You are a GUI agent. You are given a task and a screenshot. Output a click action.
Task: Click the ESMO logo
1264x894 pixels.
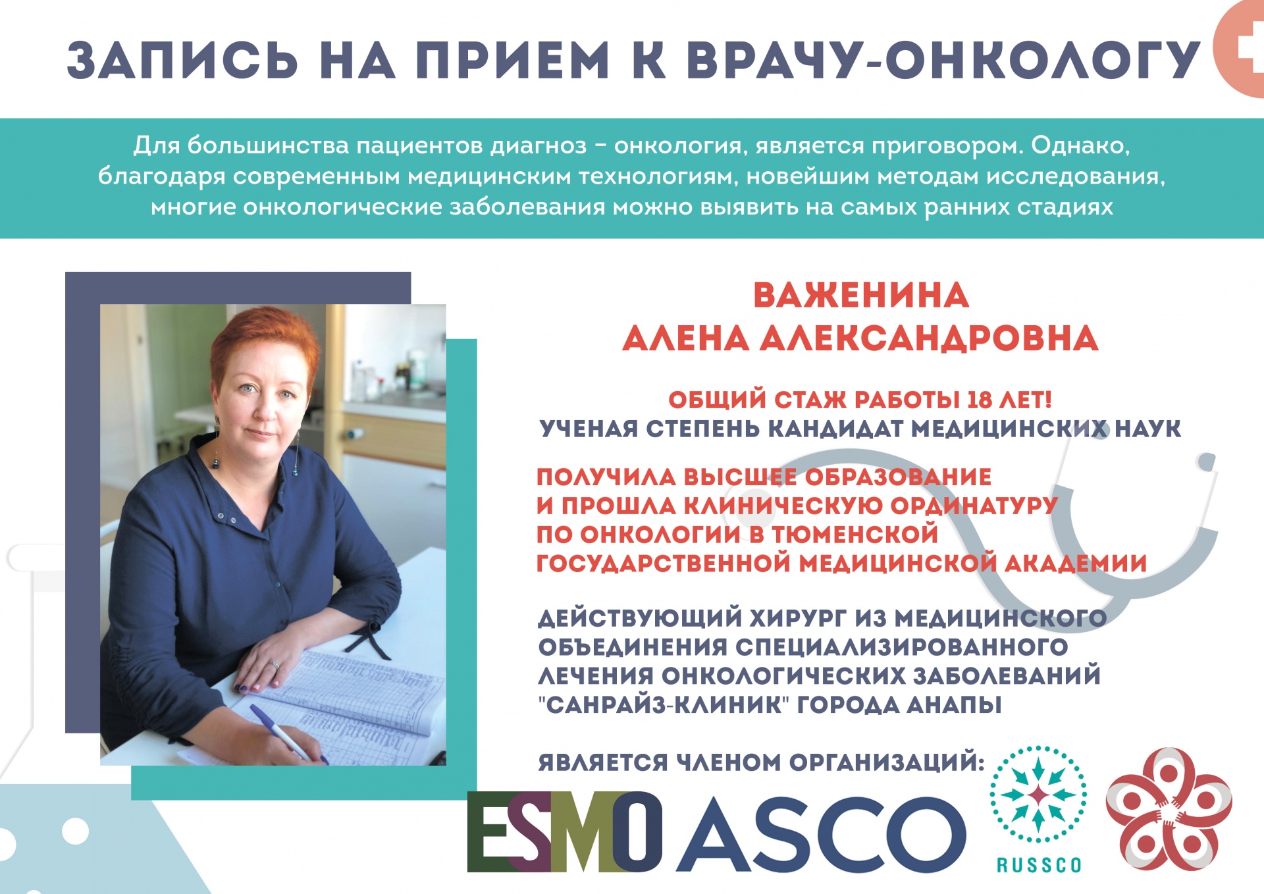pyautogui.click(x=565, y=831)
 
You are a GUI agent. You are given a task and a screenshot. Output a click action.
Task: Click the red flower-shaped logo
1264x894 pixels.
pyautogui.click(x=1169, y=809)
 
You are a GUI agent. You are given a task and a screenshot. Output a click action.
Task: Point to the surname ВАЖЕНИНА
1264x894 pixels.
pyautogui.click(x=860, y=295)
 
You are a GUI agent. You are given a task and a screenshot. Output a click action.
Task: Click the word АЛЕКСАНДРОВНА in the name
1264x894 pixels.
pyautogui.click(x=929, y=338)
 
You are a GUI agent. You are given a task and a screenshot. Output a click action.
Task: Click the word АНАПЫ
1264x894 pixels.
pyautogui.click(x=954, y=704)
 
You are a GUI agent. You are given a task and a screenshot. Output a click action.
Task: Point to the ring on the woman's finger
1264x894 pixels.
pyautogui.click(x=275, y=665)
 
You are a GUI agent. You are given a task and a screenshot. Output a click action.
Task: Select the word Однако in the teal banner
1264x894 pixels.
pyautogui.click(x=1080, y=145)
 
